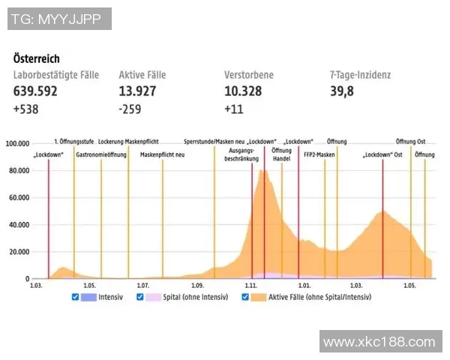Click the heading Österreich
point(37,58)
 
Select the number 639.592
point(35,92)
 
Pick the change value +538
point(26,109)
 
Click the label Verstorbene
point(249,75)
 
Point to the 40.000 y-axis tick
point(18,224)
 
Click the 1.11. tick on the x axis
point(251,286)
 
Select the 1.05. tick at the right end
point(409,286)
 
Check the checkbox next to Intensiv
point(75,297)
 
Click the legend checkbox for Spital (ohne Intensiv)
point(140,297)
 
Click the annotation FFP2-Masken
point(319,154)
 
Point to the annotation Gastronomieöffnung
point(101,154)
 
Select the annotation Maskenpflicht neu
point(163,154)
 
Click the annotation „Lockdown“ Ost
point(382,154)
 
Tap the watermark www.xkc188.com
point(379,342)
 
